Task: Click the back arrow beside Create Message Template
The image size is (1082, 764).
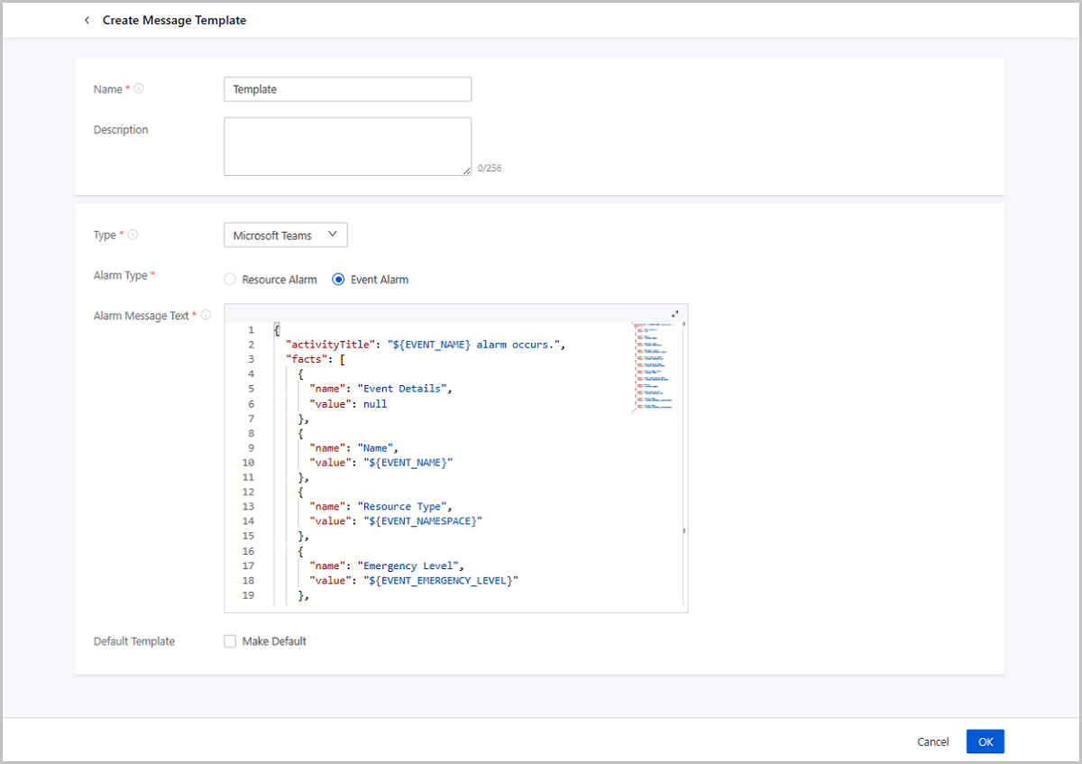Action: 87,20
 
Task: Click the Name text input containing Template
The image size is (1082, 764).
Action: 347,89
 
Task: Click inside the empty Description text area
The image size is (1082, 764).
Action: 347,146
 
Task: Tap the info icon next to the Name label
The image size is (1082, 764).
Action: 139,88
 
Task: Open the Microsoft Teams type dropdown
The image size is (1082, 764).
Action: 286,235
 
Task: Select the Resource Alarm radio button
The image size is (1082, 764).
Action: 230,280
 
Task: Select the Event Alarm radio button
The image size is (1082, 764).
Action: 338,280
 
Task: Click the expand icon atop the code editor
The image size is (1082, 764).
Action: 674,314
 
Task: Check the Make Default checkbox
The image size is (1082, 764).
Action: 230,640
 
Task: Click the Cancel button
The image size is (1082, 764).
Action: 932,741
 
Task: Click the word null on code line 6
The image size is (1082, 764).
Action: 375,404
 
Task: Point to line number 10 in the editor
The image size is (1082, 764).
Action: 248,463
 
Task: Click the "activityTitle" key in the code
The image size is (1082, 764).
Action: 331,345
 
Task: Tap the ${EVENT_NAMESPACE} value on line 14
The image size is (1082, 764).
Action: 423,521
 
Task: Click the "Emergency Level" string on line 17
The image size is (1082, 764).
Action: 408,566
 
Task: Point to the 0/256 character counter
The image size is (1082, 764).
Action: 490,168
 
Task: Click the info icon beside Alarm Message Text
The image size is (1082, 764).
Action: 206,315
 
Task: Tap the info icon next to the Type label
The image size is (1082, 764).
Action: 133,235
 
